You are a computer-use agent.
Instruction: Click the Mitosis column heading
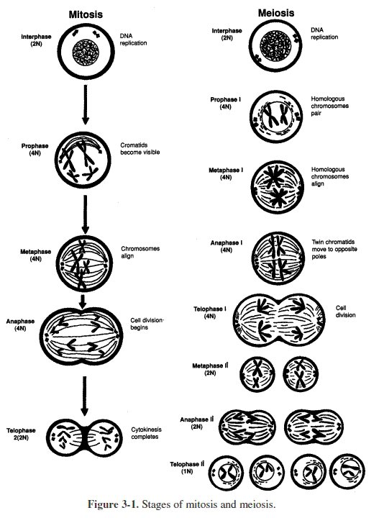[x=85, y=14]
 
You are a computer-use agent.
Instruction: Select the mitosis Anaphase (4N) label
[x=16, y=325]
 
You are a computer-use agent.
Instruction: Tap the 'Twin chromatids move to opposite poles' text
[x=334, y=254]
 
